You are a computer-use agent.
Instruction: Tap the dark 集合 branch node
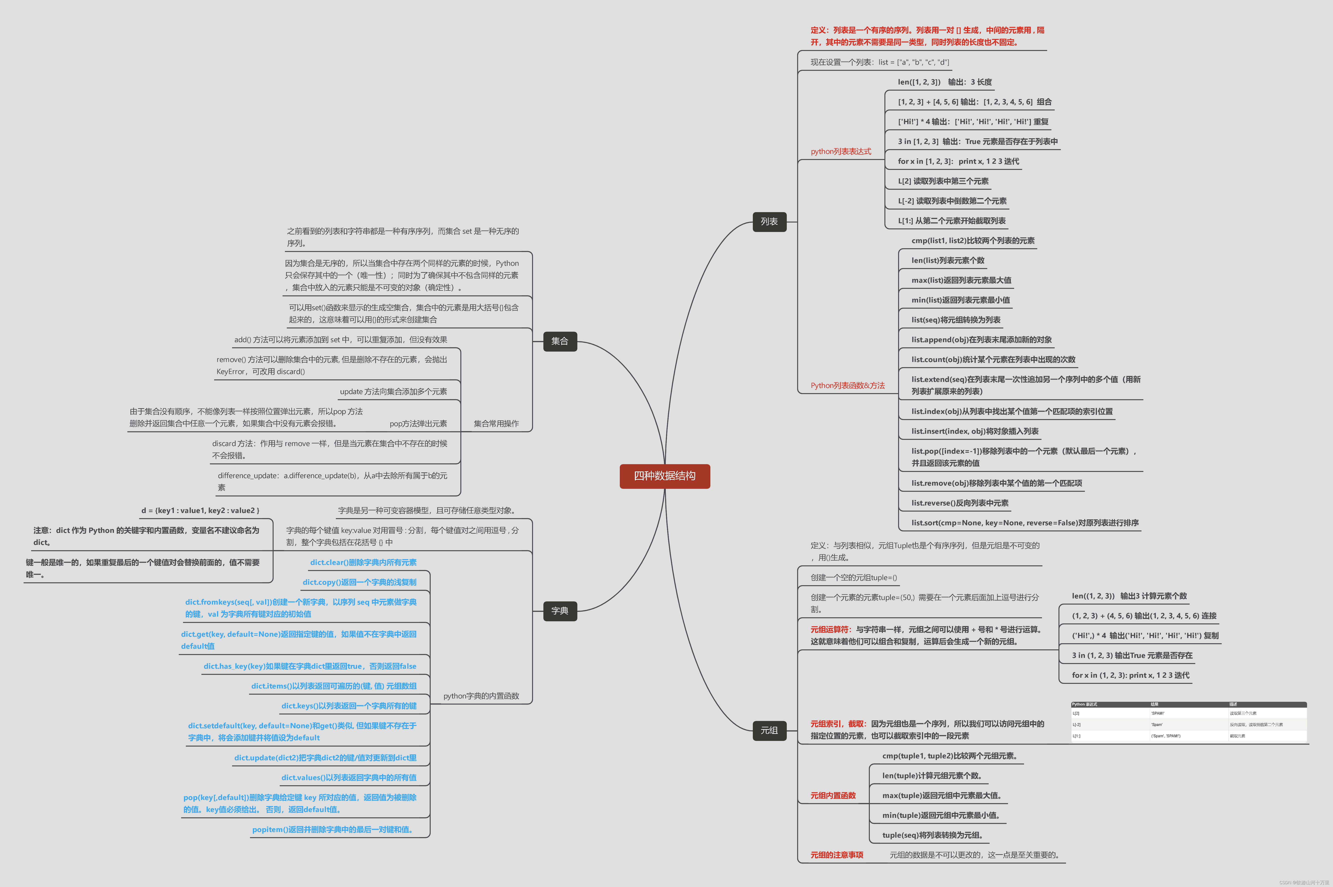click(x=560, y=341)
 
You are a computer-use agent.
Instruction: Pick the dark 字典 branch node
click(x=560, y=611)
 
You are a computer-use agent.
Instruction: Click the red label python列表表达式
click(x=841, y=151)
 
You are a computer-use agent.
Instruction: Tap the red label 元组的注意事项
click(x=837, y=855)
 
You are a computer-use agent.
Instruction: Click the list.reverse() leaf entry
click(x=959, y=503)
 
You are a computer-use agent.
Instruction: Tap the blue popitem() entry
click(x=333, y=829)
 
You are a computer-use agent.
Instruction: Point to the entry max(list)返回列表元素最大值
click(x=961, y=280)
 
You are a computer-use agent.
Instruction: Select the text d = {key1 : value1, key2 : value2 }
click(x=200, y=510)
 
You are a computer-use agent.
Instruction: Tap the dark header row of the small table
click(x=1188, y=704)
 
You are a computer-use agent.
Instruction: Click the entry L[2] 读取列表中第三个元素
click(x=943, y=181)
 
